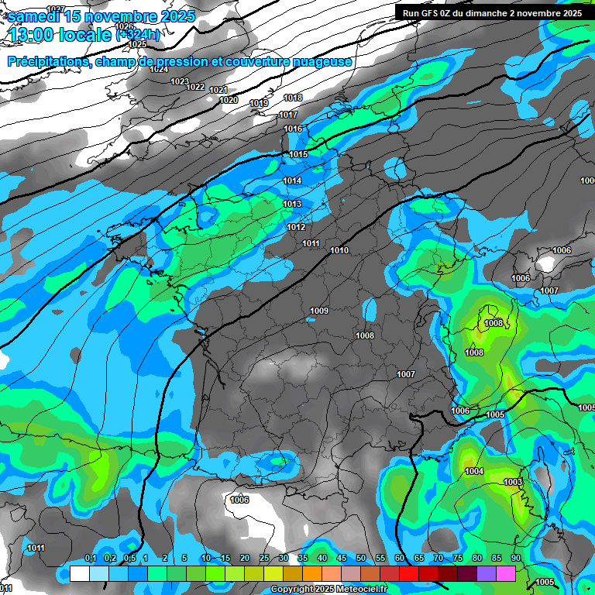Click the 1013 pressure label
point(292,204)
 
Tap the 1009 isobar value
point(319,311)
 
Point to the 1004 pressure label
point(474,471)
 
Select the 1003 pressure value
point(513,482)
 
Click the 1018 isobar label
point(293,98)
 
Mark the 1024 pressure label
point(159,69)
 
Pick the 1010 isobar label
point(339,250)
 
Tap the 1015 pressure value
point(298,154)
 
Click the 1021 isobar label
point(218,91)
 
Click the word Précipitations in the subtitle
point(47,61)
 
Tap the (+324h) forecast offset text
point(139,35)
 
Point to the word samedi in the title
point(33,16)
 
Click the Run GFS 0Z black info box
point(490,12)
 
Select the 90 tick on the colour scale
point(515,559)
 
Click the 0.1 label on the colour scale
point(90,559)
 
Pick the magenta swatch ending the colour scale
point(506,573)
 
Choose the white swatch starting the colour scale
point(79,573)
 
